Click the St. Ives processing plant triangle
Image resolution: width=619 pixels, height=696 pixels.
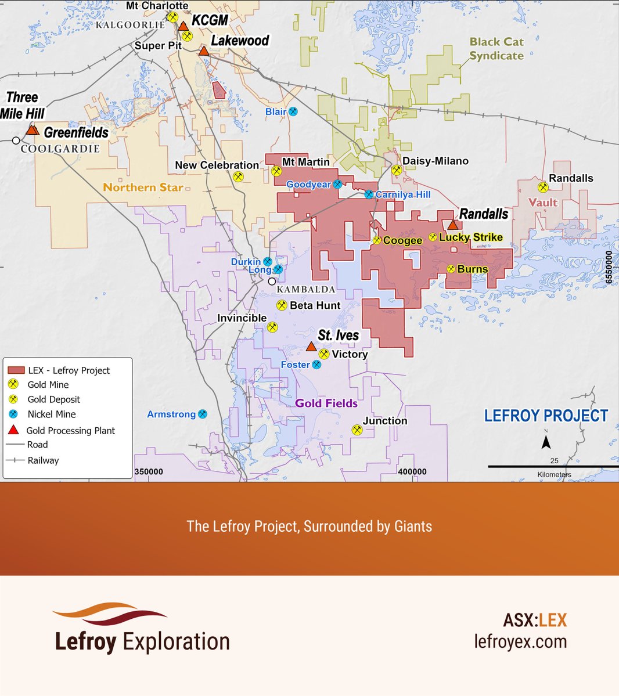[x=311, y=347]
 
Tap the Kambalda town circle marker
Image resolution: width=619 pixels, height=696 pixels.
[x=272, y=282]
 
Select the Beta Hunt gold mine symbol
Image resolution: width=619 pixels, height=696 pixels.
[x=282, y=305]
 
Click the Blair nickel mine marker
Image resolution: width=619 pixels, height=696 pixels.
[x=293, y=111]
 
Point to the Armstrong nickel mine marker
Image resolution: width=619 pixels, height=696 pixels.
[x=203, y=414]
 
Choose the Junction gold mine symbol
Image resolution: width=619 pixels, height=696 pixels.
[x=357, y=430]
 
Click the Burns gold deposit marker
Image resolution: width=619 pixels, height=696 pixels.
[x=451, y=269]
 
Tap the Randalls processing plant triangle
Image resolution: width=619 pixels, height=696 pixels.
[x=453, y=225]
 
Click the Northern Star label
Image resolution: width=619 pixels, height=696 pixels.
[x=143, y=187]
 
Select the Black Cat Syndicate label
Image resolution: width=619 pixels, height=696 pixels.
[x=496, y=49]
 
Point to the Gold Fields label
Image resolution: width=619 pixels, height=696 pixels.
[x=326, y=403]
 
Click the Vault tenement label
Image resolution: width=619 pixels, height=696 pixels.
[x=543, y=203]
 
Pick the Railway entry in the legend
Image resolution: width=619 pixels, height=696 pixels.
[x=43, y=460]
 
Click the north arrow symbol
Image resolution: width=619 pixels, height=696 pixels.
[x=546, y=442]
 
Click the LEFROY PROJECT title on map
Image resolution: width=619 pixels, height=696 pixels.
[x=546, y=416]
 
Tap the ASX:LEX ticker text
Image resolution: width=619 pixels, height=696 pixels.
[x=534, y=620]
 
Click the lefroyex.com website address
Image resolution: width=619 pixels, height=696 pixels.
[x=520, y=641]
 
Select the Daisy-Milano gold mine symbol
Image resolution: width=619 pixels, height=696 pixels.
[x=397, y=170]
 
